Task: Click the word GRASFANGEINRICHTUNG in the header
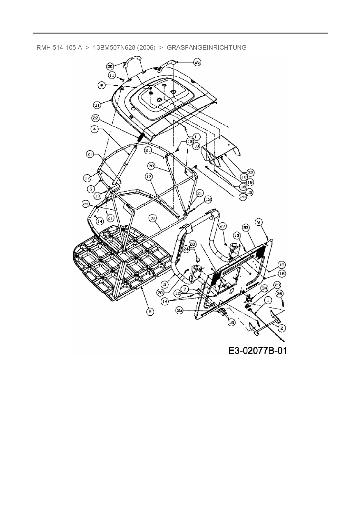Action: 206,47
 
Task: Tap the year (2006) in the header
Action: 147,47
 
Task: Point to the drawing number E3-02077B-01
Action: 257,350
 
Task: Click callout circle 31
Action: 97,105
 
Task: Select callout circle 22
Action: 95,118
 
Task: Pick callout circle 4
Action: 94,129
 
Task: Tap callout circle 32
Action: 250,172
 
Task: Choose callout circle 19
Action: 250,182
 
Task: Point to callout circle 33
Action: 246,228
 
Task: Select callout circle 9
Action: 259,222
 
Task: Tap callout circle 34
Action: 264,288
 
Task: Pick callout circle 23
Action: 277,285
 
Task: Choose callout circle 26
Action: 279,294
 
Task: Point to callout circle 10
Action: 243,176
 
